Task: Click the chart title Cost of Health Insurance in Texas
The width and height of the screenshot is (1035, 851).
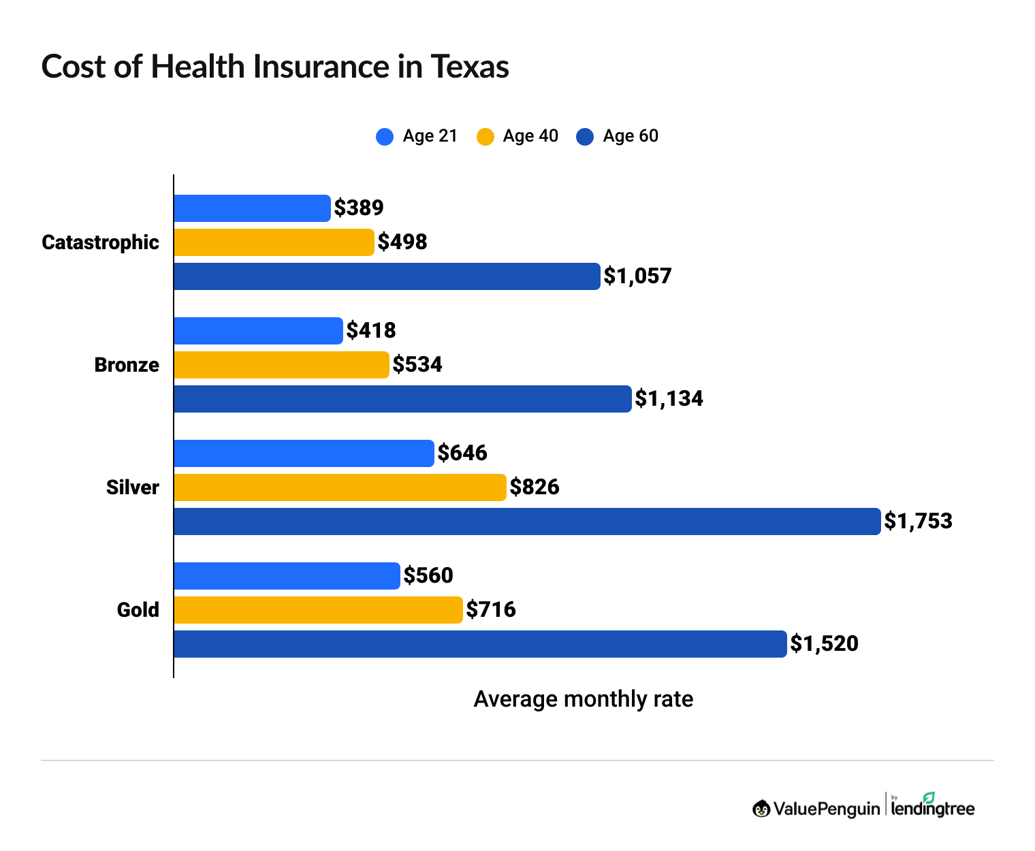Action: click(275, 67)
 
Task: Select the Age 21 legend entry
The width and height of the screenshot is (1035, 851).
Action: click(417, 136)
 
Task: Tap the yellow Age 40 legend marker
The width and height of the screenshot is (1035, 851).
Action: click(485, 137)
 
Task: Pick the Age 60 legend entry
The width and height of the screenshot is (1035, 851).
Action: click(618, 136)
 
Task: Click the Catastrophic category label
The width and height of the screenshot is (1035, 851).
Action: click(100, 242)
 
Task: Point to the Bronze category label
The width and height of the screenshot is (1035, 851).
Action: click(127, 365)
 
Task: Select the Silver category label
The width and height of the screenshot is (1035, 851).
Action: click(133, 487)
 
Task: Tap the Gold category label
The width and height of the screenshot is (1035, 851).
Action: click(138, 610)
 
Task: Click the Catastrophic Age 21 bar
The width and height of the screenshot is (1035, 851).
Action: click(252, 208)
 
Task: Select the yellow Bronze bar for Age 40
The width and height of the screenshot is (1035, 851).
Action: click(281, 365)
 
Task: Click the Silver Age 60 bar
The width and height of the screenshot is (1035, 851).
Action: click(527, 521)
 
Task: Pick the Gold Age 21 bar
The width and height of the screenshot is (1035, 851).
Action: click(287, 576)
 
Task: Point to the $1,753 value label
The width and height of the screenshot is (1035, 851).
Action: click(918, 521)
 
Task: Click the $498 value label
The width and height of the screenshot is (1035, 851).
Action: click(402, 242)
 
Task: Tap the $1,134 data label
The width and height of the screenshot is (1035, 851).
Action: click(669, 399)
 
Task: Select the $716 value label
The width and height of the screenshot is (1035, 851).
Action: click(491, 610)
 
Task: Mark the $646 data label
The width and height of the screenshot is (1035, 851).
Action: click(462, 453)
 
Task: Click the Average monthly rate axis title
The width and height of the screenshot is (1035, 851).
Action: click(583, 699)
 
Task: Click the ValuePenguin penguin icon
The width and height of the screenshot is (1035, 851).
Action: click(761, 809)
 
